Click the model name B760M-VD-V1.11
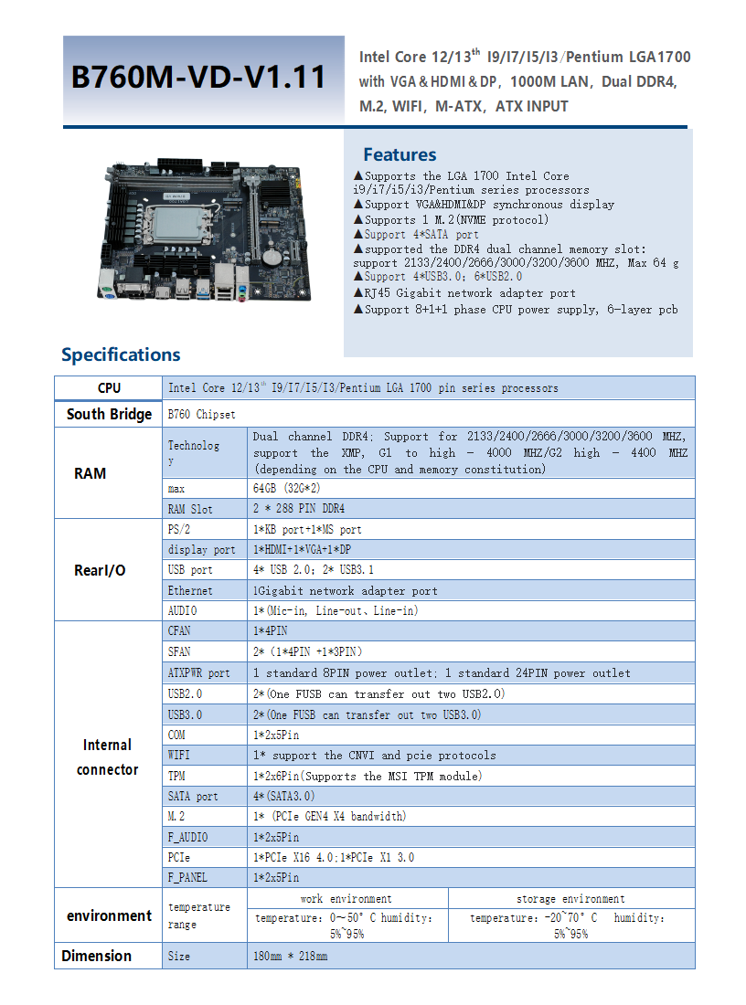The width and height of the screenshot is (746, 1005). pyautogui.click(x=198, y=77)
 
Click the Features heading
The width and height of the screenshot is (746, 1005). pyautogui.click(x=400, y=154)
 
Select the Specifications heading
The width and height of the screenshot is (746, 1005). pyautogui.click(x=121, y=354)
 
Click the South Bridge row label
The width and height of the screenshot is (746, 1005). pyautogui.click(x=109, y=414)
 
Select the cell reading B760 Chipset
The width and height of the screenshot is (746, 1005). pyautogui.click(x=201, y=415)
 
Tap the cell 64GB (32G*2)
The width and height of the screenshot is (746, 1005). pyautogui.click(x=286, y=489)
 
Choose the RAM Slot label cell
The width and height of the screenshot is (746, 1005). pyautogui.click(x=190, y=509)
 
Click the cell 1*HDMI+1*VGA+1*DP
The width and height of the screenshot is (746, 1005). pyautogui.click(x=302, y=550)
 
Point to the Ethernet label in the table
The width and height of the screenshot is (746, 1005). pyautogui.click(x=190, y=590)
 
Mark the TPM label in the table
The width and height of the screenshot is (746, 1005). pyautogui.click(x=176, y=777)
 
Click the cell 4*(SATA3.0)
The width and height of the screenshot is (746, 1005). pyautogui.click(x=283, y=796)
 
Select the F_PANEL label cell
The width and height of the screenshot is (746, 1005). pyautogui.click(x=187, y=877)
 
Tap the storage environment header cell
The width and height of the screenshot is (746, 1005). pyautogui.click(x=570, y=899)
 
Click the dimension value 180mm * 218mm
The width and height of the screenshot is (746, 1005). pyautogui.click(x=290, y=957)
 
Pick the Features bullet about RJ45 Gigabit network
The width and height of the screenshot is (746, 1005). pyautogui.click(x=464, y=293)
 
